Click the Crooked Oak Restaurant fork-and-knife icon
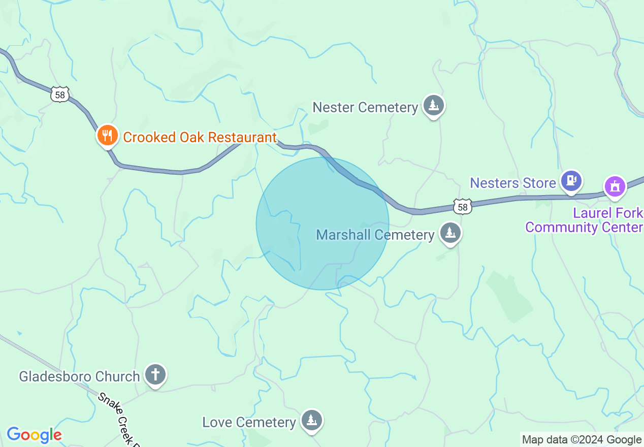(x=107, y=136)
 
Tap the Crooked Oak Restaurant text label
(x=200, y=137)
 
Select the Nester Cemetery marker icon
(x=433, y=106)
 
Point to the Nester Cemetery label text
(x=365, y=108)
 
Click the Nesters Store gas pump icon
(x=571, y=180)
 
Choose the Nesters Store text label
(x=513, y=183)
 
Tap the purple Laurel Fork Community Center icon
(x=615, y=186)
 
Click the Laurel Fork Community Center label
(x=584, y=220)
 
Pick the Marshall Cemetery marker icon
(x=450, y=233)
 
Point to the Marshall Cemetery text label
(x=375, y=235)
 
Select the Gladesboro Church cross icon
(x=155, y=375)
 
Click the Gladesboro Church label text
(x=79, y=376)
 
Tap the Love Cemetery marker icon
(x=311, y=420)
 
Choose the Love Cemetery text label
(x=249, y=422)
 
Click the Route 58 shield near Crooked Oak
(x=60, y=94)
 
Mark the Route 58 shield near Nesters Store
(x=463, y=206)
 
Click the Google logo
(x=34, y=435)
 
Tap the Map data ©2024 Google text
(x=582, y=440)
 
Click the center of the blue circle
(x=323, y=223)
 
